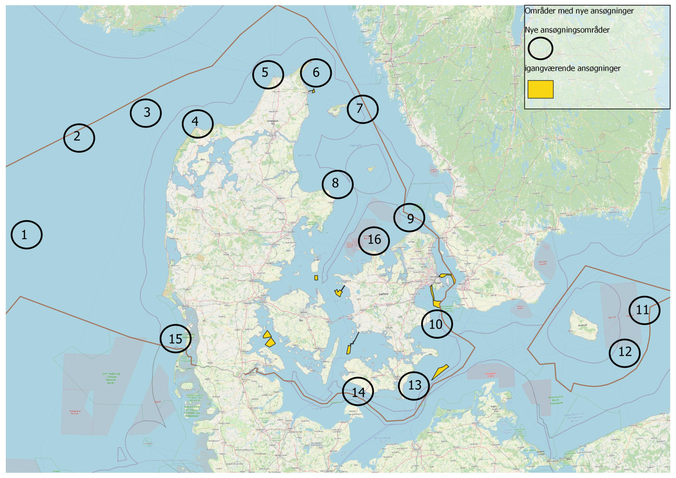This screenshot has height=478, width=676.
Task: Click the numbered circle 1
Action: click(27, 234)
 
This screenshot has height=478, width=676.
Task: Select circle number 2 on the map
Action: click(79, 138)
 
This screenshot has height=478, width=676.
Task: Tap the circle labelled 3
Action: click(146, 113)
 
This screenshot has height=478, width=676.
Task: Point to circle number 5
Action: click(268, 74)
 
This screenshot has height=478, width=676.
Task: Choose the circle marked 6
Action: click(316, 73)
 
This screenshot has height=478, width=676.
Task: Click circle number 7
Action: click(363, 109)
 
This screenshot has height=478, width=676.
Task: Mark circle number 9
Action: click(410, 217)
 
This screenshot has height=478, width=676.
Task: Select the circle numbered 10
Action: click(437, 324)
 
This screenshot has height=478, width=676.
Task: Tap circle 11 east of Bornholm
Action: click(644, 310)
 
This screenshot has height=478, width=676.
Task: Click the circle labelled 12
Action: click(625, 353)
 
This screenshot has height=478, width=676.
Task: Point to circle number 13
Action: click(414, 386)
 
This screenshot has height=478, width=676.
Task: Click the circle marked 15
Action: click(176, 338)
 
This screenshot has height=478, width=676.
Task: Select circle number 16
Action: click(374, 241)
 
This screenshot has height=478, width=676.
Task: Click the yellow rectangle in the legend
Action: click(540, 89)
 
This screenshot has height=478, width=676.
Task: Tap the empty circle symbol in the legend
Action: click(540, 48)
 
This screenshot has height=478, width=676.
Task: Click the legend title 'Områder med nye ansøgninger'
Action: click(579, 11)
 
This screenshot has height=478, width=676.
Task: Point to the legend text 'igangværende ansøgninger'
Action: click(572, 68)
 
